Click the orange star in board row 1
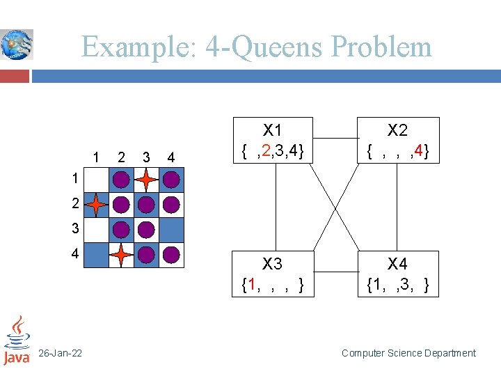146,180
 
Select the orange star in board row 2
96,205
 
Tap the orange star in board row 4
121,255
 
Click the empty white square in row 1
96,180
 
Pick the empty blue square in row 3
171,230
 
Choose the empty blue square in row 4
96,255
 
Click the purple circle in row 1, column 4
171,180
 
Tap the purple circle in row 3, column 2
121,230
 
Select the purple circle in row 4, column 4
171,255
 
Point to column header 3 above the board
145,157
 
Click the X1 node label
272,130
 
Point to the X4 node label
397,264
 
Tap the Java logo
16,340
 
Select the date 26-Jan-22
60,354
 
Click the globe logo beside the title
16,45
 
